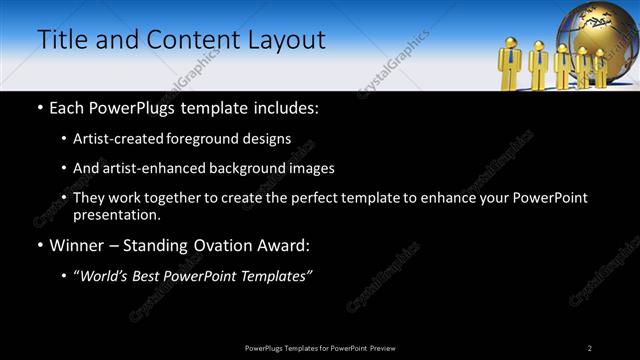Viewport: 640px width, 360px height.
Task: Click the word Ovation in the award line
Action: click(218, 245)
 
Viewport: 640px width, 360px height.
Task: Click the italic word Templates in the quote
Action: click(272, 276)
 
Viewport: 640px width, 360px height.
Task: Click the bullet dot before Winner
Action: click(39, 245)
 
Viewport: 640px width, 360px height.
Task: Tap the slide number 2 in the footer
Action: click(590, 348)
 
